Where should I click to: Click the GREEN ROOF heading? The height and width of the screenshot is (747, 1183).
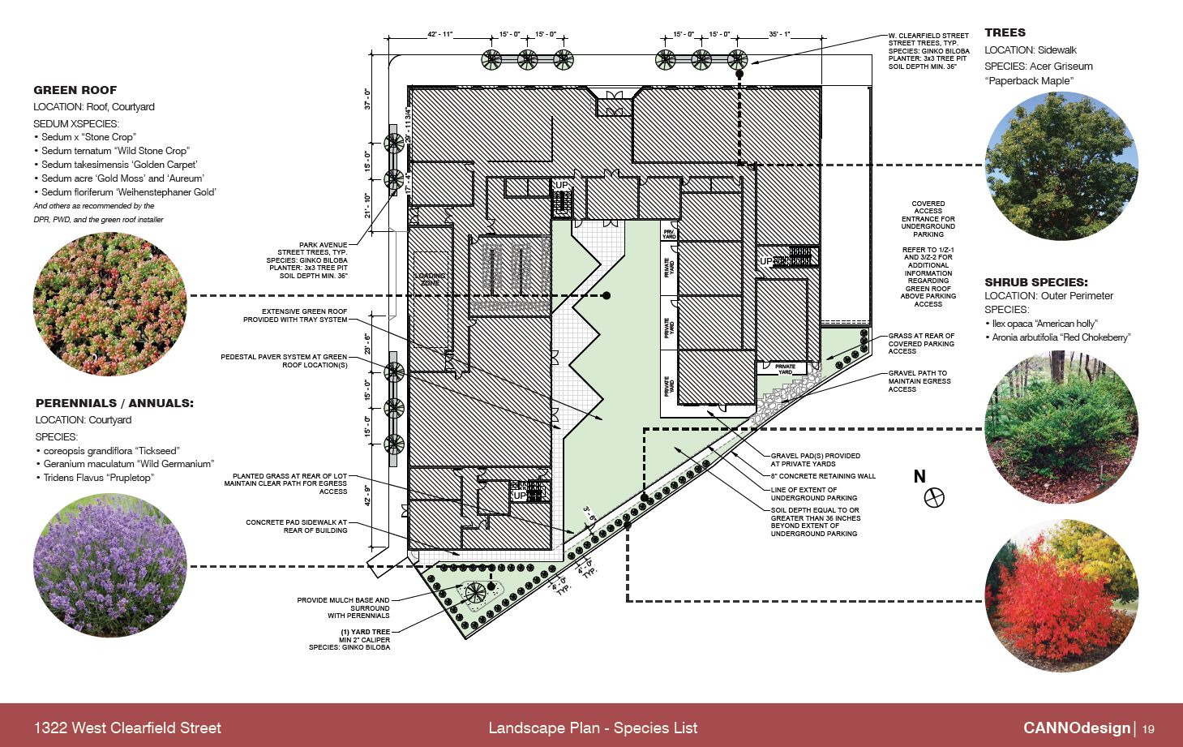coord(75,90)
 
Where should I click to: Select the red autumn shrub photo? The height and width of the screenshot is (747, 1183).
coord(1061,595)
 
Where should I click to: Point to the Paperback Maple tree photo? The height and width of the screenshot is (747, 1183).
coord(1061,166)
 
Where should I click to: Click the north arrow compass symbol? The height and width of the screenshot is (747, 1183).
coord(934,497)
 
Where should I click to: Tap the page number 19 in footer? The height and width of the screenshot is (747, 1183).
coord(1148,728)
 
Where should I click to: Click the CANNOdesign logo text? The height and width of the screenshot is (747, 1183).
coord(1076,728)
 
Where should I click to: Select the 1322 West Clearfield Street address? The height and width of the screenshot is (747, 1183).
coord(127,728)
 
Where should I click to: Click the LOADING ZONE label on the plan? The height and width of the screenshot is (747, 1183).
coord(430,279)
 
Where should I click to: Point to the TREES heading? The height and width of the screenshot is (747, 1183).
coord(1005,32)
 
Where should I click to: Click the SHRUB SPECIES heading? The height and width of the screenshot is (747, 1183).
coord(1035,282)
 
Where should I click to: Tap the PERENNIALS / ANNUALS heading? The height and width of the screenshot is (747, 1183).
coord(114,403)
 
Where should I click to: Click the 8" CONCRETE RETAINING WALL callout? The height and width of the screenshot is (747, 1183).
coord(823,476)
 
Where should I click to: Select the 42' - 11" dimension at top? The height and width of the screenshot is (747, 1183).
coord(440,35)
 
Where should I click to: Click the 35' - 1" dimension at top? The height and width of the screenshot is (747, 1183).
coord(779,35)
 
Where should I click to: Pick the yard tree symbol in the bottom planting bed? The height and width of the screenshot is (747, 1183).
coord(475,591)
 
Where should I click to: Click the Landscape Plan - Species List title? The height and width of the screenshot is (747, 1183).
coord(592,728)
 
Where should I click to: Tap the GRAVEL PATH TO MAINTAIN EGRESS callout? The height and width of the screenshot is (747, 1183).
coord(919,381)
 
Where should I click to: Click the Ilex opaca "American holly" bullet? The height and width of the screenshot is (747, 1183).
coord(1044,324)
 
